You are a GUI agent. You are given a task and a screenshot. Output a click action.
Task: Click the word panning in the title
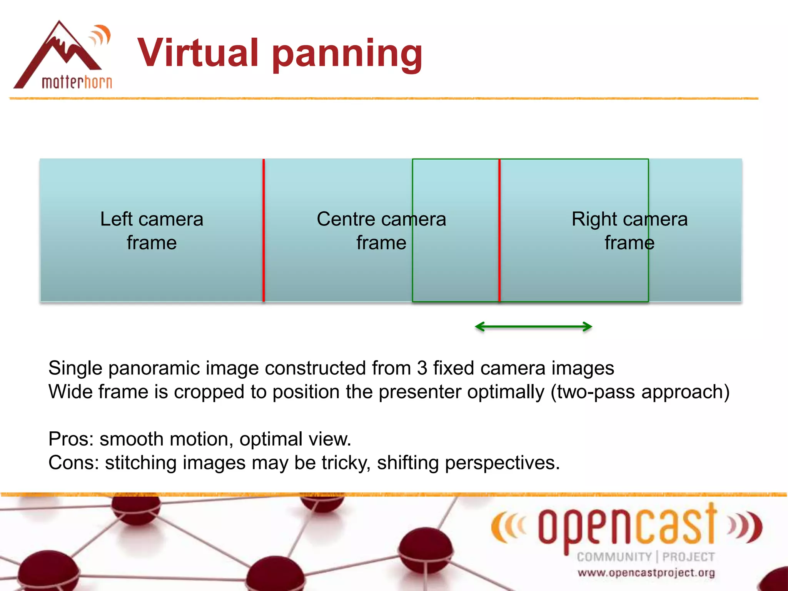347,54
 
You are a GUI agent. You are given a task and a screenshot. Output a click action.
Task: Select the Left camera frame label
152,230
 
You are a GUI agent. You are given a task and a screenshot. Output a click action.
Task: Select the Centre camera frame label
381,230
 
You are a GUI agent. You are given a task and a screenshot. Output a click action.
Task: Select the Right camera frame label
629,230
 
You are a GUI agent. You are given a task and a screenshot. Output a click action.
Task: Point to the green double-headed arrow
533,327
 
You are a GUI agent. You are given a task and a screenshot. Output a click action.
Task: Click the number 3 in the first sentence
422,368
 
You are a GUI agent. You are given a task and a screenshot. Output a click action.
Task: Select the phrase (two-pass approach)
640,392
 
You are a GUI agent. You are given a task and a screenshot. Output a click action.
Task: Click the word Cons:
73,463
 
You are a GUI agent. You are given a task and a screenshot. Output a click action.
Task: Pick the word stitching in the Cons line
140,463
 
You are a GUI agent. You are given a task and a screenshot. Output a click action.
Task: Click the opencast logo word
627,526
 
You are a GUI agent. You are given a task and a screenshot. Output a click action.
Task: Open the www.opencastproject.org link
646,573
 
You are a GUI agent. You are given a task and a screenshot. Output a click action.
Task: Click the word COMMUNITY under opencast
614,557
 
